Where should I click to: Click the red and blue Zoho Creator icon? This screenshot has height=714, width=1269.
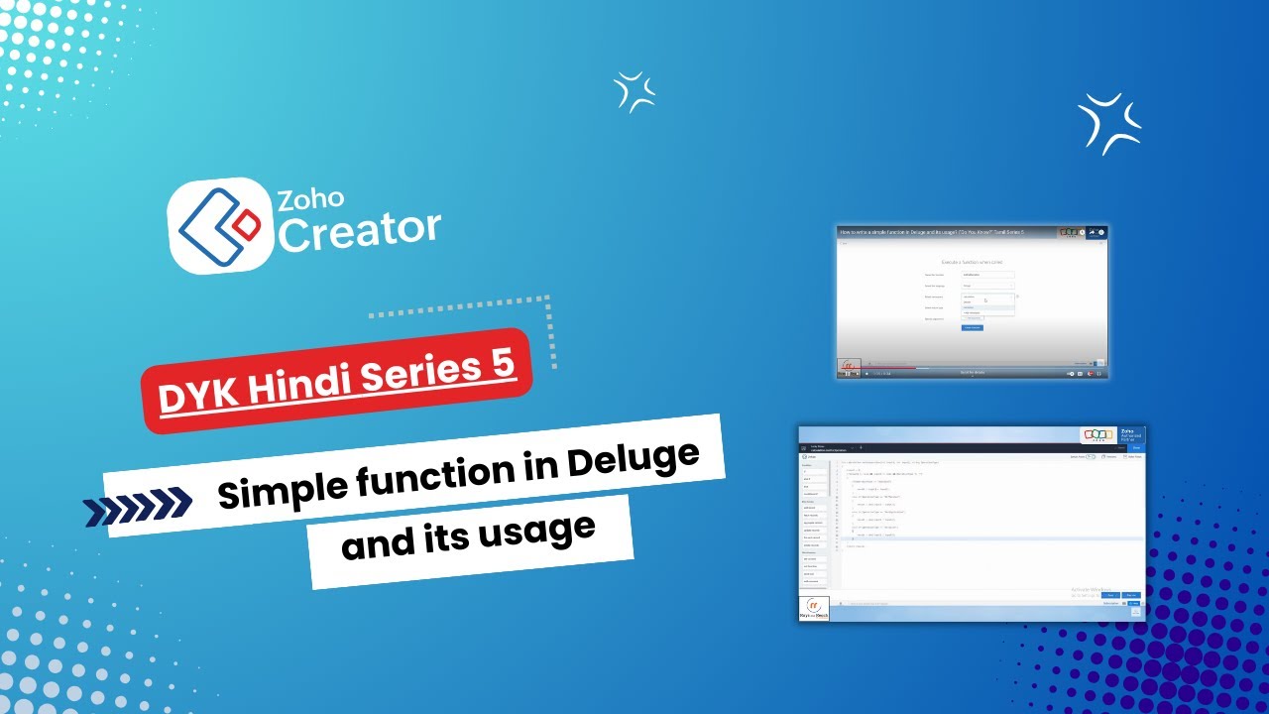click(x=219, y=226)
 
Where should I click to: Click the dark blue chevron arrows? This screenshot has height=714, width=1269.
click(x=138, y=507)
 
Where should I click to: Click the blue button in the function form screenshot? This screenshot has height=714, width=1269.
click(x=973, y=327)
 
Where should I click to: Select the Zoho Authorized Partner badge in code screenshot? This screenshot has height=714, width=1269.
click(x=1110, y=436)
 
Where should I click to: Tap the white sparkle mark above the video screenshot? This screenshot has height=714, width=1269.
click(x=1109, y=123)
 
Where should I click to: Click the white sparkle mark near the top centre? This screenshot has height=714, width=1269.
click(x=634, y=92)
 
